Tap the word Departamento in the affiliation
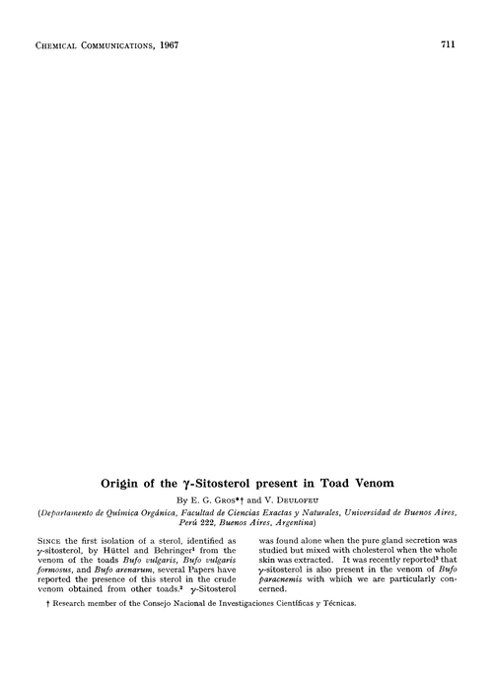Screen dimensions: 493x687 72,515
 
